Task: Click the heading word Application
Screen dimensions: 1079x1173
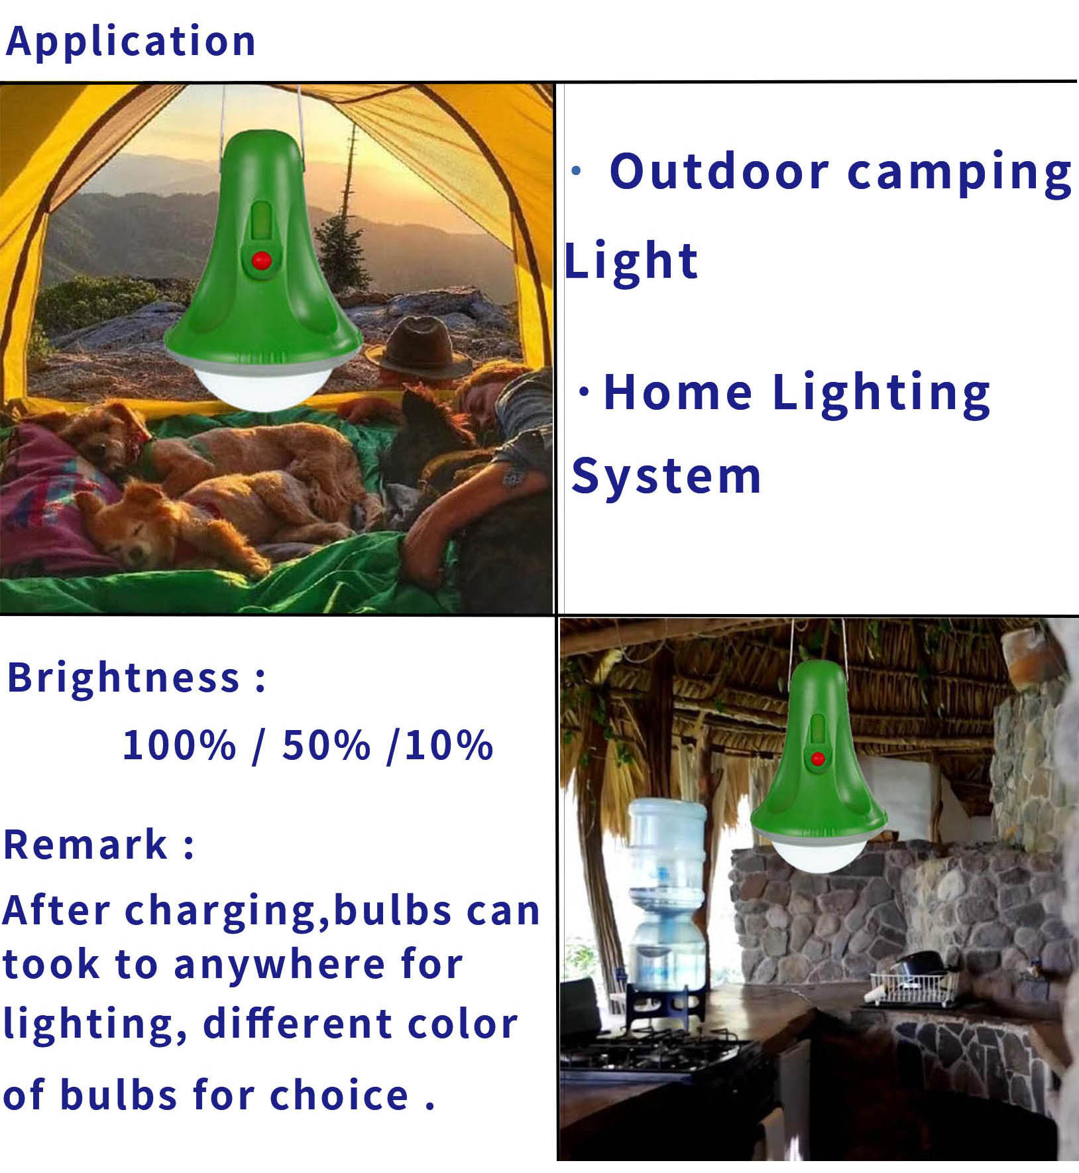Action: [131, 42]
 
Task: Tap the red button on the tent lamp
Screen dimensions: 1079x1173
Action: [262, 261]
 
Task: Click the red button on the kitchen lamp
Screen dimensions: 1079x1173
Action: [818, 759]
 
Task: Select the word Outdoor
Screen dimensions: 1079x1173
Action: [719, 171]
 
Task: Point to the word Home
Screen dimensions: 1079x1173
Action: [678, 392]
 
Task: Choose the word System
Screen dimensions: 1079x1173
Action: [666, 477]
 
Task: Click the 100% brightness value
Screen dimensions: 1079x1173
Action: [179, 745]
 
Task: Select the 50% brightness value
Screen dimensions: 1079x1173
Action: [326, 745]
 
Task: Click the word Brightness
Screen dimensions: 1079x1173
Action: [123, 678]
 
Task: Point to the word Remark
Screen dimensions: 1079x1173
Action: [85, 845]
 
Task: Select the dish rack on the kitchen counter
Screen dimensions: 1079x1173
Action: [915, 987]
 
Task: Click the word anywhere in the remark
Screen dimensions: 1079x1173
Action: [279, 965]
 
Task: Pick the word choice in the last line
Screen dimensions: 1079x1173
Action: [339, 1095]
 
